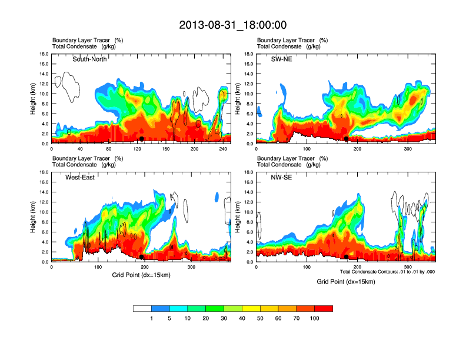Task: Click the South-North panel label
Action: point(89,59)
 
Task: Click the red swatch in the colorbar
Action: point(324,308)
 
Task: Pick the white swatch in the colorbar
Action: point(142,308)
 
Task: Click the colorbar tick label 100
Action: point(314,318)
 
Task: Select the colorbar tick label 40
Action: point(242,318)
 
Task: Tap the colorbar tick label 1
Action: point(151,318)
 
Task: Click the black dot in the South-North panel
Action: point(142,139)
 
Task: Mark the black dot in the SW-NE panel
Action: point(347,139)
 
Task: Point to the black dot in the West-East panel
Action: point(142,257)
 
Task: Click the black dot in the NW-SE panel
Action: point(347,257)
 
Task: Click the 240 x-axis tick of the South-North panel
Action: point(222,149)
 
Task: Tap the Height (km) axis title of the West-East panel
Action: point(34,217)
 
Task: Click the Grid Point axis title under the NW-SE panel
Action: point(345,282)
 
